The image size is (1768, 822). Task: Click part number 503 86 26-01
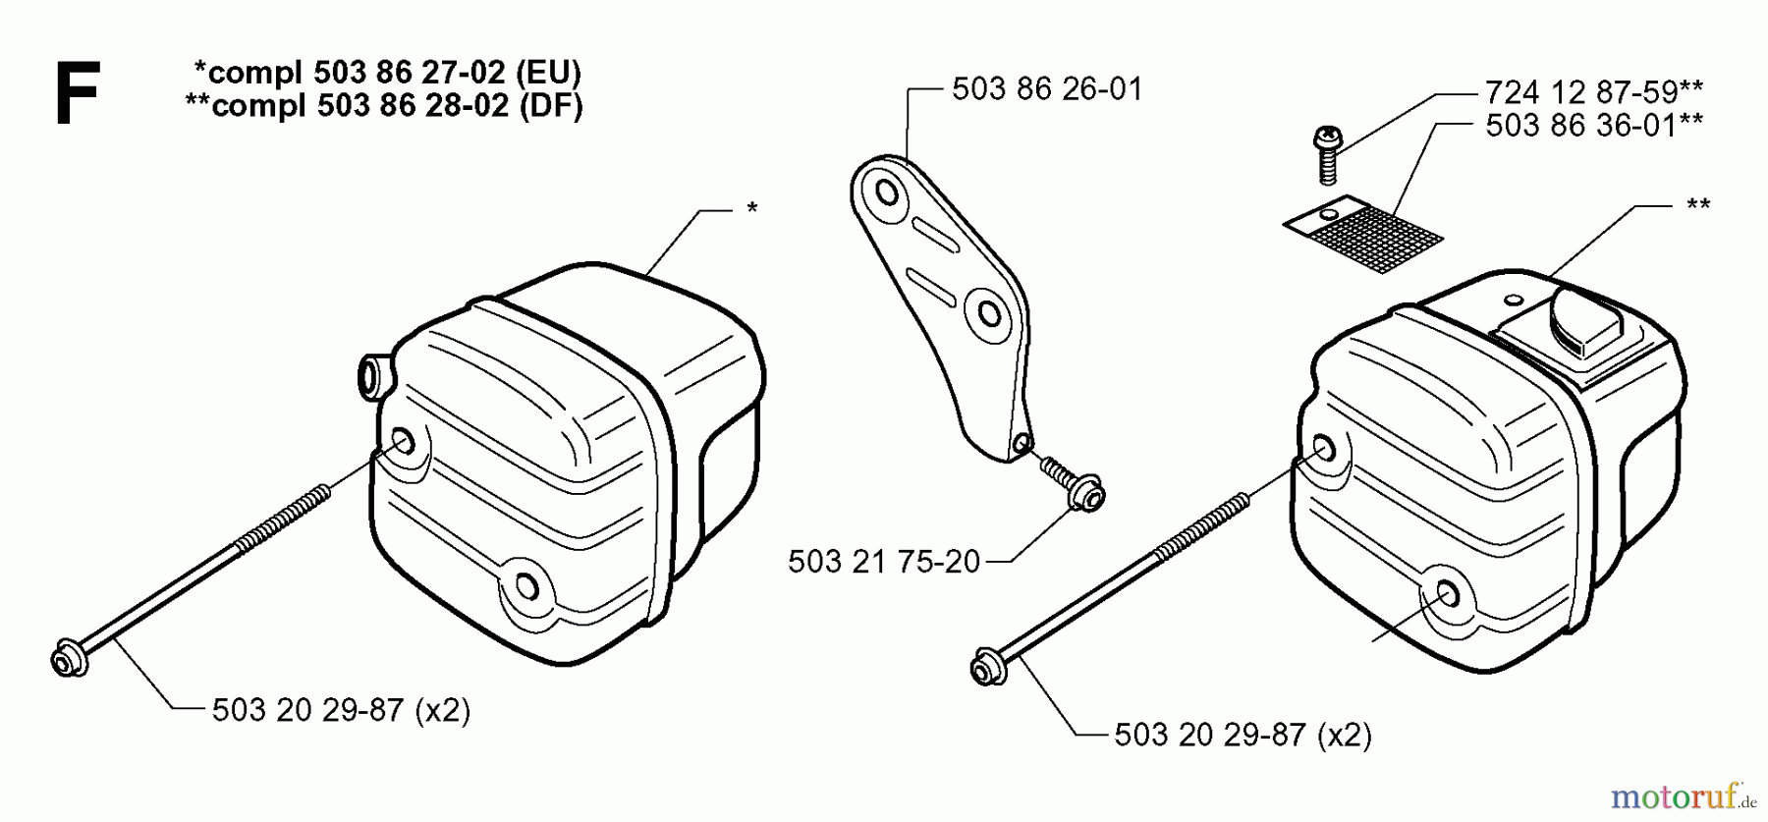click(x=1047, y=89)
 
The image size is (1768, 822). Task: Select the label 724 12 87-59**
click(x=1593, y=92)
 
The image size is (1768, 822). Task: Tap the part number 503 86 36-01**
click(x=1593, y=126)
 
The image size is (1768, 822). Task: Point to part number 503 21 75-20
click(x=884, y=562)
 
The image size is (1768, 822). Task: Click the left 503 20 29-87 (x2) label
click(x=341, y=710)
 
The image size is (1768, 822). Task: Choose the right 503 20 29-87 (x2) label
click(x=1243, y=735)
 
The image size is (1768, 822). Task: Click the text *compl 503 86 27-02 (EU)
click(x=387, y=72)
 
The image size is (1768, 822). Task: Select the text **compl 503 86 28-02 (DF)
click(x=384, y=105)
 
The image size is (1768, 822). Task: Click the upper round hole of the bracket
click(x=888, y=192)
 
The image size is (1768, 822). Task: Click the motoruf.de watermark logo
click(x=1683, y=795)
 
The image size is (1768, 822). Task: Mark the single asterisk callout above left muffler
click(x=751, y=208)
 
